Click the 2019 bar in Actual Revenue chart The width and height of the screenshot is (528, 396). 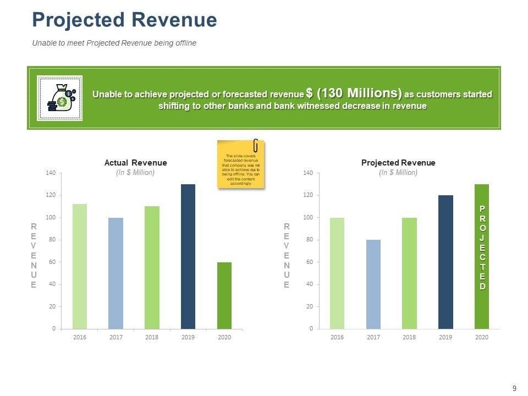click(188, 256)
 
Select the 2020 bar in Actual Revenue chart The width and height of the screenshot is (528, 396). click(224, 295)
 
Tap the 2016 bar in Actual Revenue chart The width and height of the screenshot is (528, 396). click(80, 266)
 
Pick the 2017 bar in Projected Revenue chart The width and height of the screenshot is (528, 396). click(373, 284)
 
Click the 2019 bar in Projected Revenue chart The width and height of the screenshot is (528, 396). click(446, 262)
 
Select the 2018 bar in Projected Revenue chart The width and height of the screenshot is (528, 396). click(409, 273)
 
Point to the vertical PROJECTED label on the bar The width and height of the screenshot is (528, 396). click(482, 248)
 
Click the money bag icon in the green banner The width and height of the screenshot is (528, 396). click(60, 98)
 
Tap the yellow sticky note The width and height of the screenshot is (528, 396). click(241, 165)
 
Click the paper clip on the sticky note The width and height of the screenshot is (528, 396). click(256, 146)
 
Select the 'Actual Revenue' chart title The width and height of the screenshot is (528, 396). click(135, 163)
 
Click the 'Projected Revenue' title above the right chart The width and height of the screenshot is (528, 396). click(398, 163)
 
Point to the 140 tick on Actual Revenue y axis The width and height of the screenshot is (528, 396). click(51, 173)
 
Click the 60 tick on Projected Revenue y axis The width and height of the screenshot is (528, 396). click(308, 262)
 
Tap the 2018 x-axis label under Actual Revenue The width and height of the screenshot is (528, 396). click(152, 337)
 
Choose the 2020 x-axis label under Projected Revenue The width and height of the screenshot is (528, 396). click(481, 337)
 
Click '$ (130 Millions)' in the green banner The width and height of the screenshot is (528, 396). click(354, 93)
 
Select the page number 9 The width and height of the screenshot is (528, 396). click(514, 389)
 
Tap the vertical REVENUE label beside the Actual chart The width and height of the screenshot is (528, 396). click(34, 256)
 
